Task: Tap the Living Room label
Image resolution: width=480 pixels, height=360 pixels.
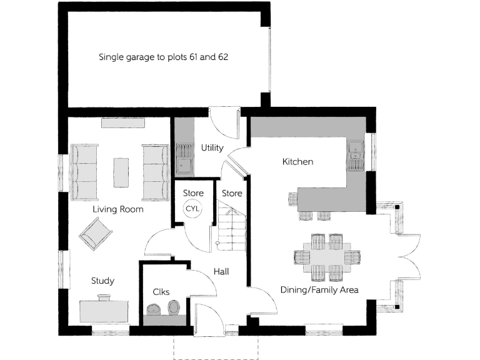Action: click(118, 209)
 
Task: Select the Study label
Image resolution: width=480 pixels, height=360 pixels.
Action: click(102, 281)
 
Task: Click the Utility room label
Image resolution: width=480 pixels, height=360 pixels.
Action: click(212, 148)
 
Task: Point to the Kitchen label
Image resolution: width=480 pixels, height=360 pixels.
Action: click(297, 162)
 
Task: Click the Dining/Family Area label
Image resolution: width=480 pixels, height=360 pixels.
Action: click(323, 289)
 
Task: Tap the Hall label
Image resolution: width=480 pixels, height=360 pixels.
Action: click(221, 272)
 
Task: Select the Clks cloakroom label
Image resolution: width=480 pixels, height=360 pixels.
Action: click(161, 292)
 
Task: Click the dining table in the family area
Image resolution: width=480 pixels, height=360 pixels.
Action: click(327, 256)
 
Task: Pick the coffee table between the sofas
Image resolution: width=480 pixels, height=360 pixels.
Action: click(121, 172)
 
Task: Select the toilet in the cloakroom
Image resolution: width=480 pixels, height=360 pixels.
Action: click(173, 307)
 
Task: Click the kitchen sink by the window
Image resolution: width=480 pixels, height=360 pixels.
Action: click(356, 156)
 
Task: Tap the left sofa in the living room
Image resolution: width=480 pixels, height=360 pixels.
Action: click(84, 172)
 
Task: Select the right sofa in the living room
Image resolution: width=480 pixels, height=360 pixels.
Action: click(155, 172)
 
